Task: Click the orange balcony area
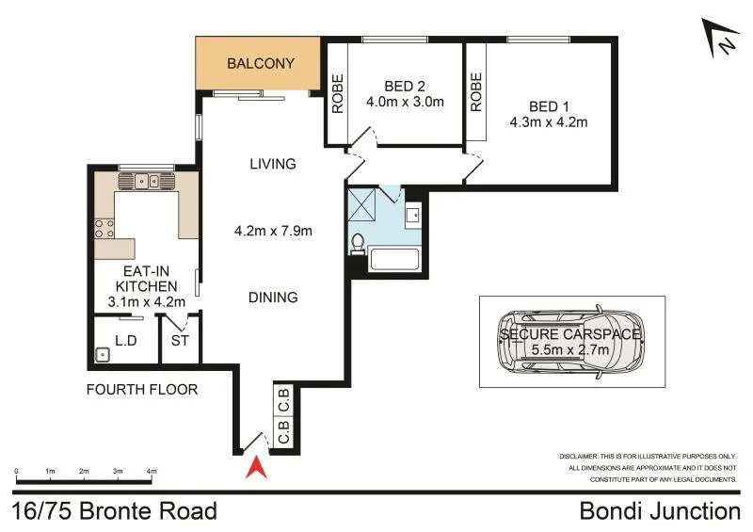(x=260, y=64)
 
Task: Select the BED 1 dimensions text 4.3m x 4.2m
(x=549, y=121)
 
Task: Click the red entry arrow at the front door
(x=253, y=468)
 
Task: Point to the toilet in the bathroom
(x=357, y=243)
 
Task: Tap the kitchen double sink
(x=146, y=181)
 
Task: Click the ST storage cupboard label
(x=179, y=341)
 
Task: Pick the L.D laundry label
(x=125, y=340)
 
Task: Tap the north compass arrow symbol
(x=722, y=39)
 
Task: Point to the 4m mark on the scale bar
(x=151, y=472)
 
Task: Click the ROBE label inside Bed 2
(x=337, y=94)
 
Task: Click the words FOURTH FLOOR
(x=142, y=389)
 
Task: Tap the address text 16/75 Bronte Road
(x=116, y=511)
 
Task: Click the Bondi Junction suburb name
(x=660, y=511)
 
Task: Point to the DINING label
(x=273, y=298)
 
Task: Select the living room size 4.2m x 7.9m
(x=273, y=230)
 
